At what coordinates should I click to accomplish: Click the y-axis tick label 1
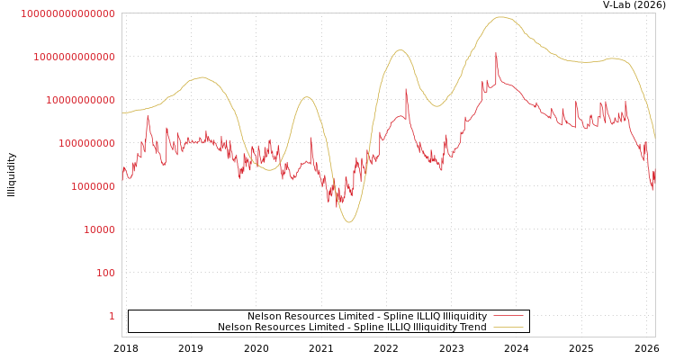click(x=112, y=316)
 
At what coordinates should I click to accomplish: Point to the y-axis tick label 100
click(x=105, y=273)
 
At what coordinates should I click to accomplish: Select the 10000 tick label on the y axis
click(x=99, y=229)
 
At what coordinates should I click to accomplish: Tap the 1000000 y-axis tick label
click(x=93, y=186)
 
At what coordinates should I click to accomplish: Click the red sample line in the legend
click(x=508, y=317)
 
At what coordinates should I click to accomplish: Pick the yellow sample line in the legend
click(x=508, y=328)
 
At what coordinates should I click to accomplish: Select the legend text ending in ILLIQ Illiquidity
click(x=367, y=317)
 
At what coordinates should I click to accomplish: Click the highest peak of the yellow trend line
click(x=500, y=17)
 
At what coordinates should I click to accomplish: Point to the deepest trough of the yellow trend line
click(x=349, y=221)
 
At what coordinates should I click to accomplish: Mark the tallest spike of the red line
click(x=496, y=53)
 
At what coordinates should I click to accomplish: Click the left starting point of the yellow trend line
click(x=122, y=112)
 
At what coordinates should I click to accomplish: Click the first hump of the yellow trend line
click(x=202, y=77)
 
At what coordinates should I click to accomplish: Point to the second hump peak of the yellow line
click(x=307, y=97)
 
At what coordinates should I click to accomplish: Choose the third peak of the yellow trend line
click(x=400, y=50)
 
